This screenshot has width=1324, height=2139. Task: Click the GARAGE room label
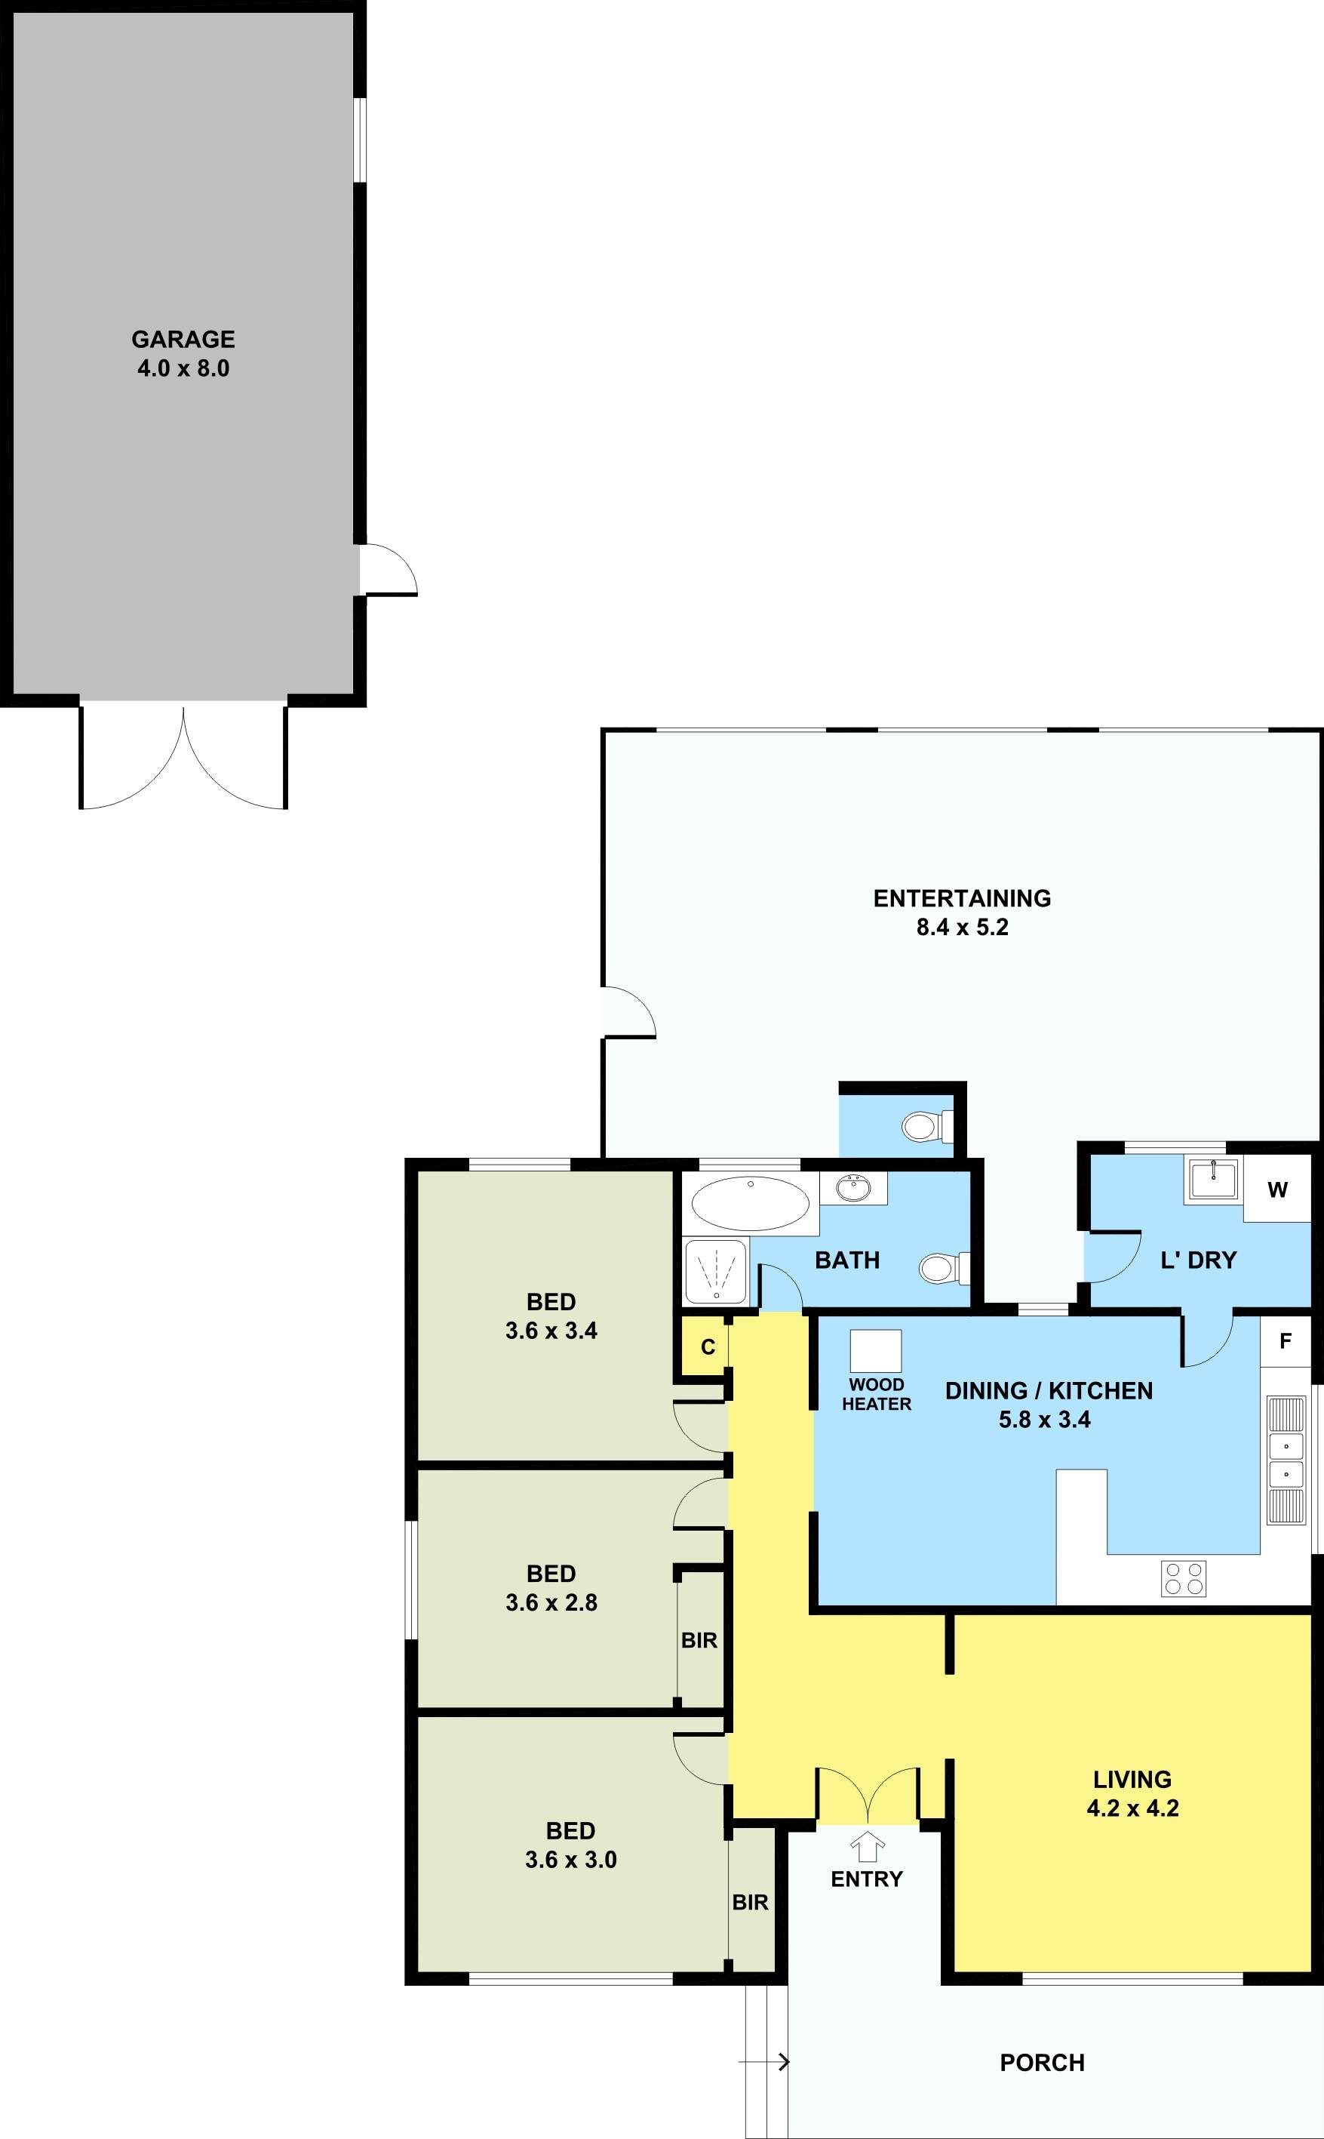point(183,339)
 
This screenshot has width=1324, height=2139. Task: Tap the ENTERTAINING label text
point(961,898)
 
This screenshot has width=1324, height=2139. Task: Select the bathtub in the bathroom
point(750,1204)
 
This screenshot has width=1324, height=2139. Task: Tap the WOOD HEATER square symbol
point(876,1352)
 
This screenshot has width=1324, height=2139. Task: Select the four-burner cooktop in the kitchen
point(1183,1578)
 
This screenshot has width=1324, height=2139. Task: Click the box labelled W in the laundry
point(1277,1190)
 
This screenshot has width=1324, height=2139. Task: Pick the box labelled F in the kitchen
point(1285,1341)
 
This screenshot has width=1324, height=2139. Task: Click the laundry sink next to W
point(1213,1180)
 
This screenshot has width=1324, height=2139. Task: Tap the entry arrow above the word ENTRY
point(867,1848)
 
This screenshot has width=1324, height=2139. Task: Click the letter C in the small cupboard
point(708,1347)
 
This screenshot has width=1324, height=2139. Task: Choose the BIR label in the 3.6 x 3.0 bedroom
point(750,1903)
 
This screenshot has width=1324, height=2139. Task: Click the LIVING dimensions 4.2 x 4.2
point(1132,1808)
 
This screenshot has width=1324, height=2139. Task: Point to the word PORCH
point(1041,2063)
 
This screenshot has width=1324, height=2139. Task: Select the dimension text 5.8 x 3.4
point(1044,1419)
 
